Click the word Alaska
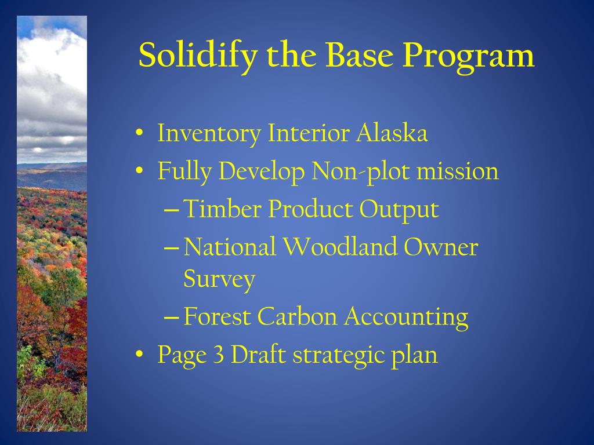392,133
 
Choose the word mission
458,171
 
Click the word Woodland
341,246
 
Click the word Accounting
407,318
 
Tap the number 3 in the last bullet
219,355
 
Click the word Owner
441,246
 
